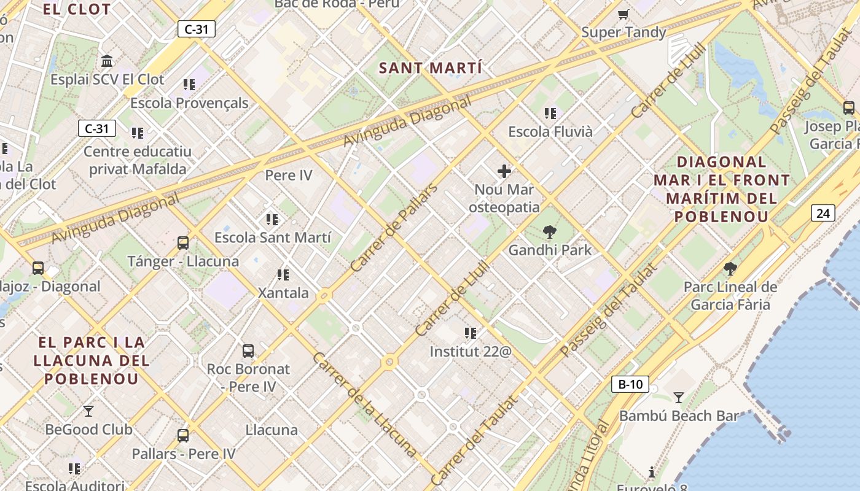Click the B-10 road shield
630,385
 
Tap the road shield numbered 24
823,213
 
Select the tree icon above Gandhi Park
550,232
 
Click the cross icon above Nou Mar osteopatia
504,171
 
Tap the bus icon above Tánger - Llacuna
183,243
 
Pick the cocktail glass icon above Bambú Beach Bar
678,398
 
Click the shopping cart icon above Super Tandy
623,14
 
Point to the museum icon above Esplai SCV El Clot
107,61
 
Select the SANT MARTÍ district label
430,68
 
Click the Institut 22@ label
470,352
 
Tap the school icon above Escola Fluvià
550,114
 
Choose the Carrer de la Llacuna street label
364,404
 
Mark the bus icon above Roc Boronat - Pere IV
248,351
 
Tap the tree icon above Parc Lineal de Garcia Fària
730,269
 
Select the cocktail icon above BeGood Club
88,411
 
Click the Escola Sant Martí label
272,238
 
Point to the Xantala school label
283,293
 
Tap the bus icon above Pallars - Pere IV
183,436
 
